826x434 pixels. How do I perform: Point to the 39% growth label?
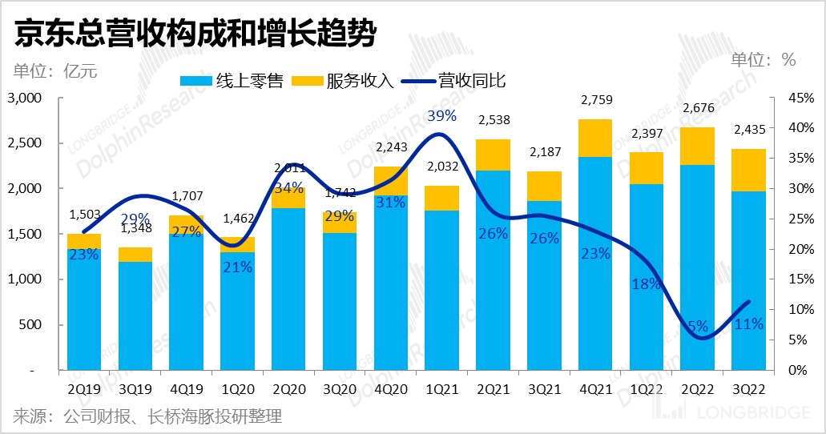441,116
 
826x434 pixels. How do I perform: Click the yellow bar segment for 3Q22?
747,170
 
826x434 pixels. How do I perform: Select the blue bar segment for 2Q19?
84,308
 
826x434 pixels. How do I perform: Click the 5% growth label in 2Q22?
697,327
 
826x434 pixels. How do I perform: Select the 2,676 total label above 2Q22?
696,109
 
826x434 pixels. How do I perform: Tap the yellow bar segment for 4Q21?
594,138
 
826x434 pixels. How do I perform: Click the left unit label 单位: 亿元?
54,70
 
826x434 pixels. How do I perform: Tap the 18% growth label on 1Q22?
645,283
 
